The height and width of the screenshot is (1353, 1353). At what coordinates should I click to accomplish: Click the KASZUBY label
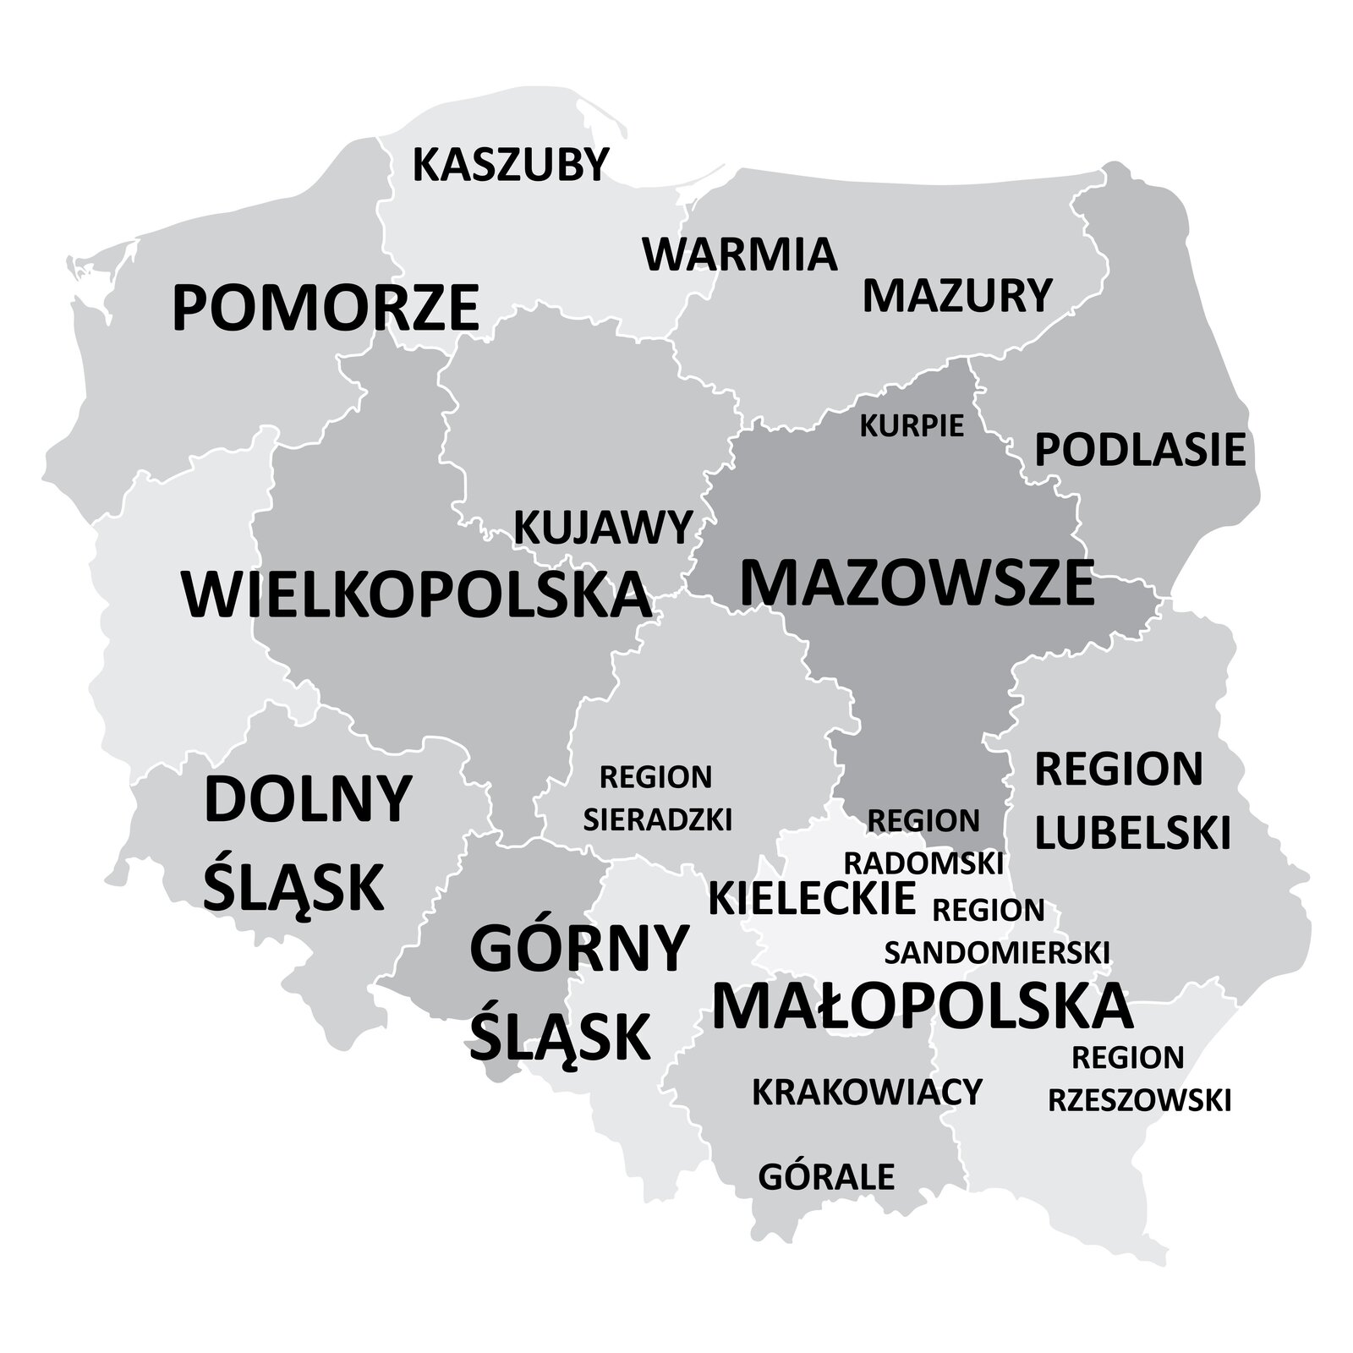click(x=510, y=165)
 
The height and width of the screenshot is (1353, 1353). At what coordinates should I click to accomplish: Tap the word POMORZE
click(x=326, y=309)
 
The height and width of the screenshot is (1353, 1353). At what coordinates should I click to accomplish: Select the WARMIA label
click(x=740, y=255)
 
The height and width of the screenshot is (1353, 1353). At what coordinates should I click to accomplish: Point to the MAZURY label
click(x=956, y=296)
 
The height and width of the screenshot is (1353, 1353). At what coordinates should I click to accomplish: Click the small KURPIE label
click(x=912, y=426)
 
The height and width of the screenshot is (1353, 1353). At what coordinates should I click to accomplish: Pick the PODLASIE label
click(x=1140, y=450)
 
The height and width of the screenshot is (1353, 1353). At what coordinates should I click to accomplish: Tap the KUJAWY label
click(x=604, y=528)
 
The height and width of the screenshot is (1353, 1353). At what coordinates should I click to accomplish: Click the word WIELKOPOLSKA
click(x=416, y=594)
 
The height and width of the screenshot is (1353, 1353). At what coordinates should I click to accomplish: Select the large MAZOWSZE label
click(x=917, y=583)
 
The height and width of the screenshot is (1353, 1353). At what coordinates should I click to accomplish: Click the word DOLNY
click(x=308, y=799)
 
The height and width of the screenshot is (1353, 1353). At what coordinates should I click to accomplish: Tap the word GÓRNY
click(x=579, y=949)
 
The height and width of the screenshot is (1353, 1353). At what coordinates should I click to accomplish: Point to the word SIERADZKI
click(x=657, y=819)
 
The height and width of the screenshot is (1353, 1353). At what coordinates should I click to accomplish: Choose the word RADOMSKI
click(x=923, y=863)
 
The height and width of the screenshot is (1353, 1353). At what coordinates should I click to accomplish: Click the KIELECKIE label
click(x=812, y=898)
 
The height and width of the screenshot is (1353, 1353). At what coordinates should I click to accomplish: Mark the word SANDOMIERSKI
click(x=996, y=952)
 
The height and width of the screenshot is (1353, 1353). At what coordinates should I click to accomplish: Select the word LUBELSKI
click(x=1132, y=832)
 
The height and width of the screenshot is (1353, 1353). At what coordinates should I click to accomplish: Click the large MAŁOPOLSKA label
click(x=922, y=1006)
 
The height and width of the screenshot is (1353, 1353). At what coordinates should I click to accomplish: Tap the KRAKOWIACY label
click(x=867, y=1092)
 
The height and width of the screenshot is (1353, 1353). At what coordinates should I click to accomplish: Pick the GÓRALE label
click(x=825, y=1176)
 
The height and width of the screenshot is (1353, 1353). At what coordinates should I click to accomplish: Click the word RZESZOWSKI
click(x=1139, y=1100)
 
